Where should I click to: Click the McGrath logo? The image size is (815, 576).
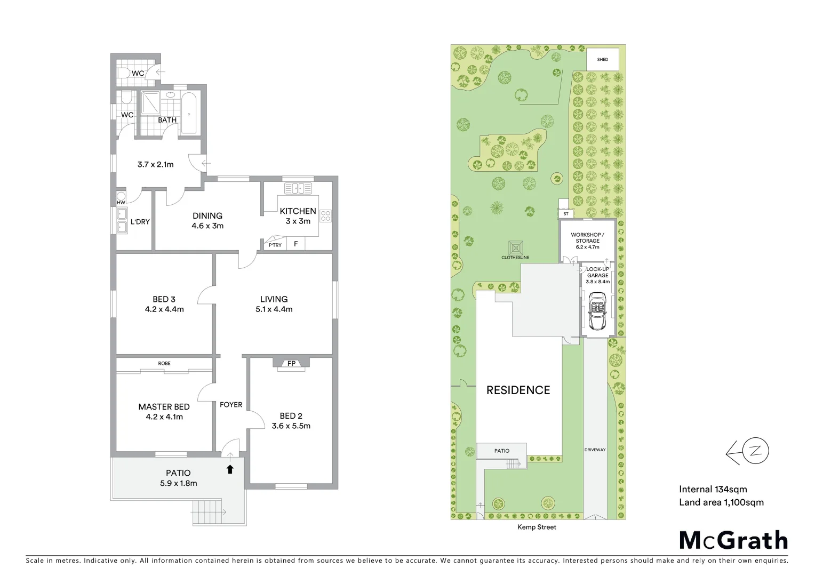pyautogui.click(x=733, y=540)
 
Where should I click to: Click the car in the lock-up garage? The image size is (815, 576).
pyautogui.click(x=597, y=314)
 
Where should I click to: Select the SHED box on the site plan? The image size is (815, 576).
pyautogui.click(x=603, y=59)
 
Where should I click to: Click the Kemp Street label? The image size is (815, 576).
pyautogui.click(x=537, y=527)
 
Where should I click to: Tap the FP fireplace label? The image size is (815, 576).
pyautogui.click(x=291, y=364)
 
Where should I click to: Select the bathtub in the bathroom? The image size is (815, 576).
pyautogui.click(x=189, y=114)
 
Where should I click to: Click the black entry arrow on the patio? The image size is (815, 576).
pyautogui.click(x=230, y=469)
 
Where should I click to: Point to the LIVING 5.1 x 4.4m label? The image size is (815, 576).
pyautogui.click(x=274, y=304)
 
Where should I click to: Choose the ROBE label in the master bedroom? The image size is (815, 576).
pyautogui.click(x=164, y=363)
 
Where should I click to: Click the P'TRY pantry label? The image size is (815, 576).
pyautogui.click(x=275, y=245)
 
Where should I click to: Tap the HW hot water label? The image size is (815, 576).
pyautogui.click(x=121, y=203)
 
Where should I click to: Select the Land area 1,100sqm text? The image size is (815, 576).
pyautogui.click(x=721, y=502)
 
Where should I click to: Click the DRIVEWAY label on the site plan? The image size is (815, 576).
pyautogui.click(x=595, y=450)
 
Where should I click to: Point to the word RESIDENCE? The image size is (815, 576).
pyautogui.click(x=518, y=390)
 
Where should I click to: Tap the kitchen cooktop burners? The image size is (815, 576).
pyautogui.click(x=325, y=217)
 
